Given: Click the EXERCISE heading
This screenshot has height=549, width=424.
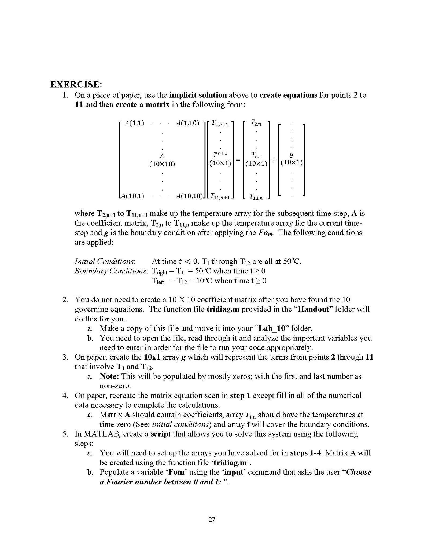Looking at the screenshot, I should pyautogui.click(x=76, y=84).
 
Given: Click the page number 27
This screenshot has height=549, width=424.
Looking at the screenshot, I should pyautogui.click(x=212, y=519).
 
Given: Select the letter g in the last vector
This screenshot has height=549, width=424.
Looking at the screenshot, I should pyautogui.click(x=292, y=154).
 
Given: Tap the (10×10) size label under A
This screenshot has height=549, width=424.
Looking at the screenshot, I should pyautogui.click(x=162, y=164).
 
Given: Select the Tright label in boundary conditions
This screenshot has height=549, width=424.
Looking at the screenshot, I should pyautogui.click(x=159, y=271).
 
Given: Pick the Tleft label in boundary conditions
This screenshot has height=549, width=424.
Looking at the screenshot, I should pyautogui.click(x=158, y=281).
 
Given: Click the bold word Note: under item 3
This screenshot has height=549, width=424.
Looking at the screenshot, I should pyautogui.click(x=109, y=376).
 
